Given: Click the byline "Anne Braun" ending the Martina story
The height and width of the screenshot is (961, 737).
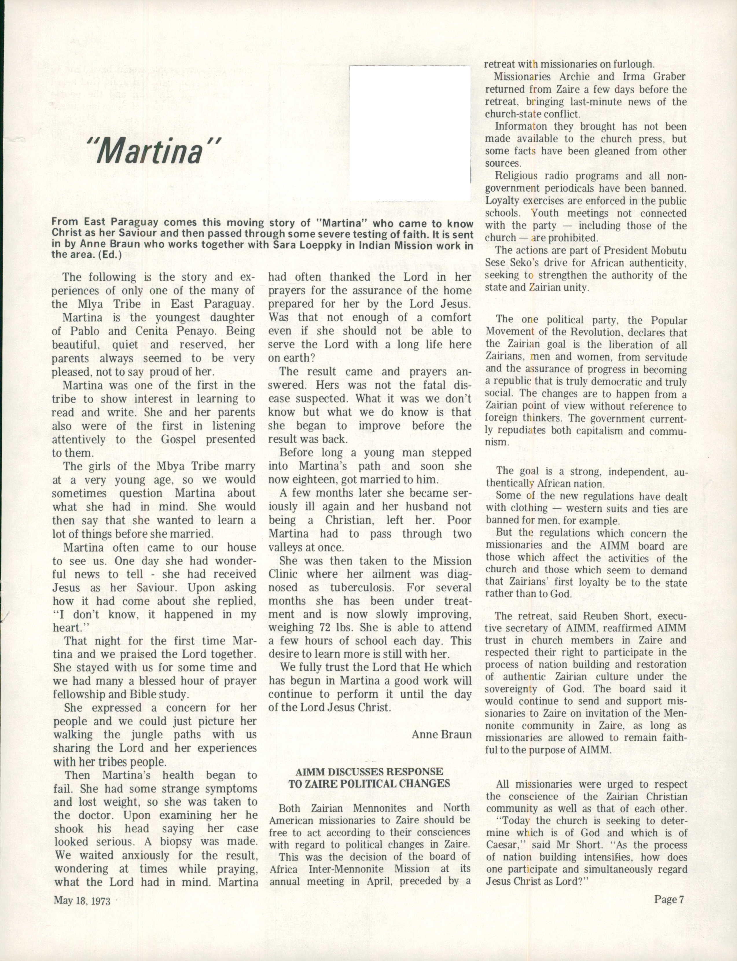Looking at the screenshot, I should coord(441,735).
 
